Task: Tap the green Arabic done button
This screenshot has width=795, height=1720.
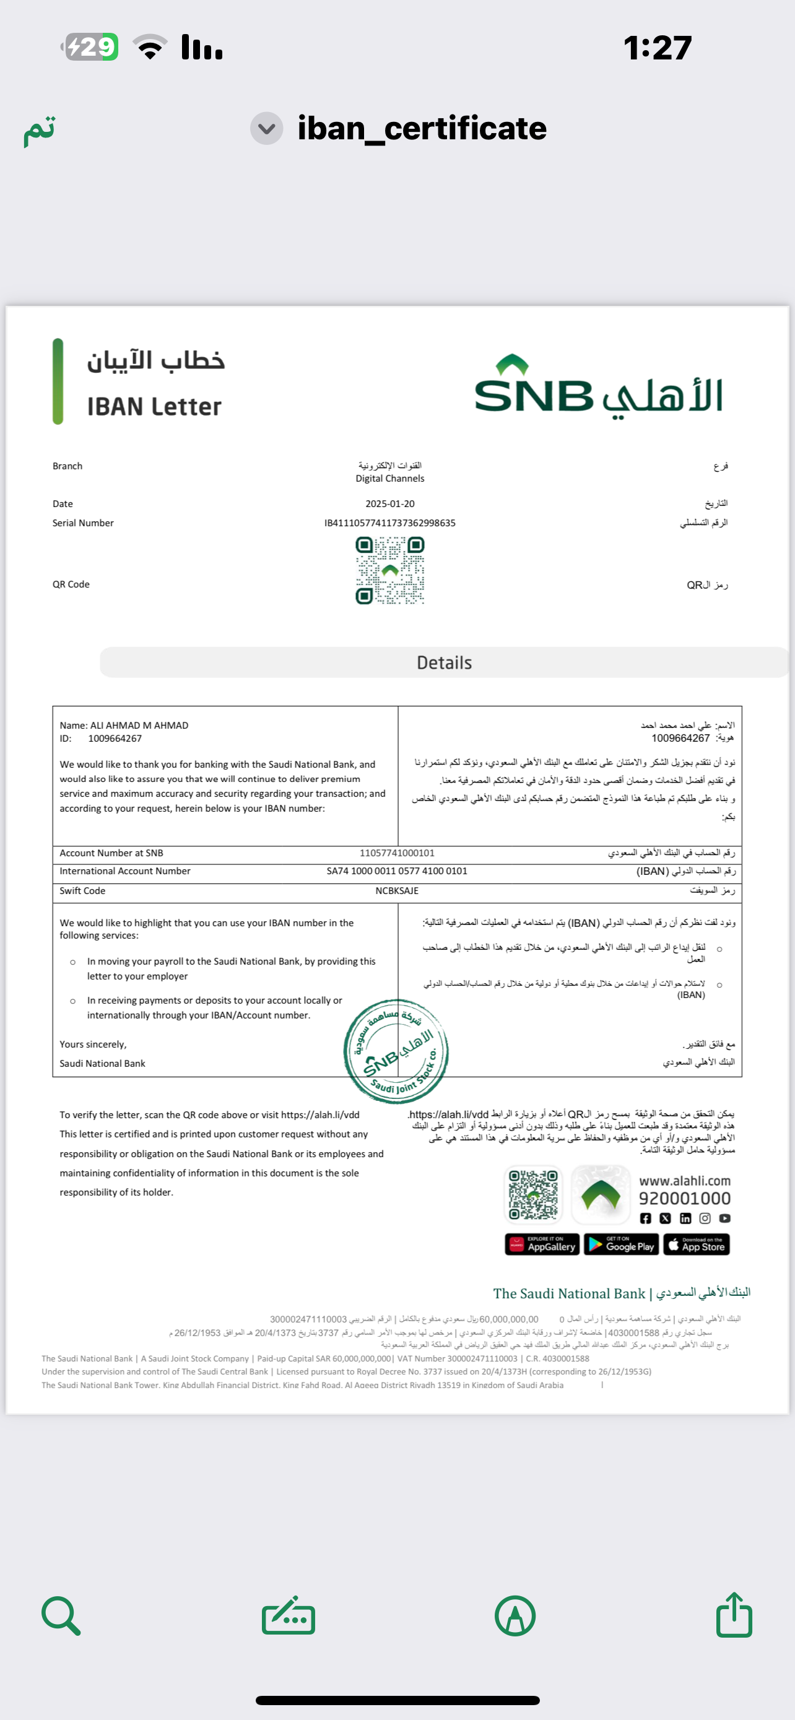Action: [40, 129]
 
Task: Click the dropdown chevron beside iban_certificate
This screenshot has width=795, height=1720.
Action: [266, 128]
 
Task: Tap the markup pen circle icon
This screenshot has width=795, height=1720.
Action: [515, 1616]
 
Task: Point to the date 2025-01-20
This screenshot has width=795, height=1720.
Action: [390, 503]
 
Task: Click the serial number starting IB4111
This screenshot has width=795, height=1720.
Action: [390, 523]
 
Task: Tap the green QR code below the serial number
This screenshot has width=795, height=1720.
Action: [390, 571]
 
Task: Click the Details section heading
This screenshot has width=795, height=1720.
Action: [444, 662]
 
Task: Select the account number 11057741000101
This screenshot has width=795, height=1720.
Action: [396, 853]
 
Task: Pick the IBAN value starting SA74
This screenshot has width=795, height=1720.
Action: [396, 871]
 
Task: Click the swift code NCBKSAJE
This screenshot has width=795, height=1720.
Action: [396, 891]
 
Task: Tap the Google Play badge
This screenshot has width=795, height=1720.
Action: [621, 1244]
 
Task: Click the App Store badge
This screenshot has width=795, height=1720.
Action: [696, 1244]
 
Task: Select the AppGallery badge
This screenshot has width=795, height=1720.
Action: [542, 1244]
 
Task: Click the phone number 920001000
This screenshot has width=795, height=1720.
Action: [684, 1199]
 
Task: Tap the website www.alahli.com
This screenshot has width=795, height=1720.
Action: [684, 1181]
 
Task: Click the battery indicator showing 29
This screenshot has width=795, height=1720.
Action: [92, 46]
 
